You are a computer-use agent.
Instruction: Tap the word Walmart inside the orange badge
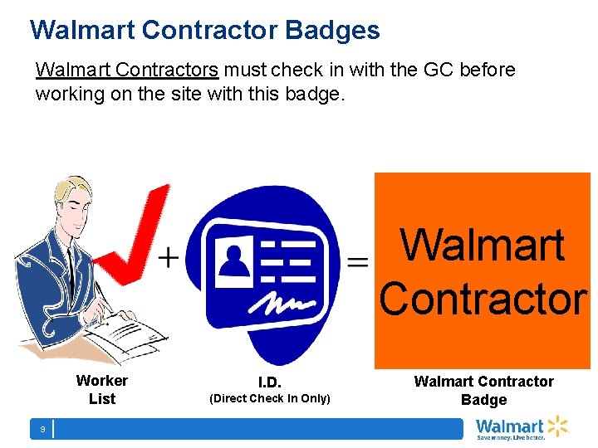[483, 246]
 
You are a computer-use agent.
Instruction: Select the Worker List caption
[101, 390]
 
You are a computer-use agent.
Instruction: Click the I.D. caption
[270, 382]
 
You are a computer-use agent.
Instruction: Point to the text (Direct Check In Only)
[270, 399]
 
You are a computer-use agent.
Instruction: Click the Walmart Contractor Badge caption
[483, 390]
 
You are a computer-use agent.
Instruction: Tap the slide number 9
[42, 429]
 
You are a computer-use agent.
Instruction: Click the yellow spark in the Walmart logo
[557, 426]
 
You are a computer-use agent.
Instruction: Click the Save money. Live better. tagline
[510, 436]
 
